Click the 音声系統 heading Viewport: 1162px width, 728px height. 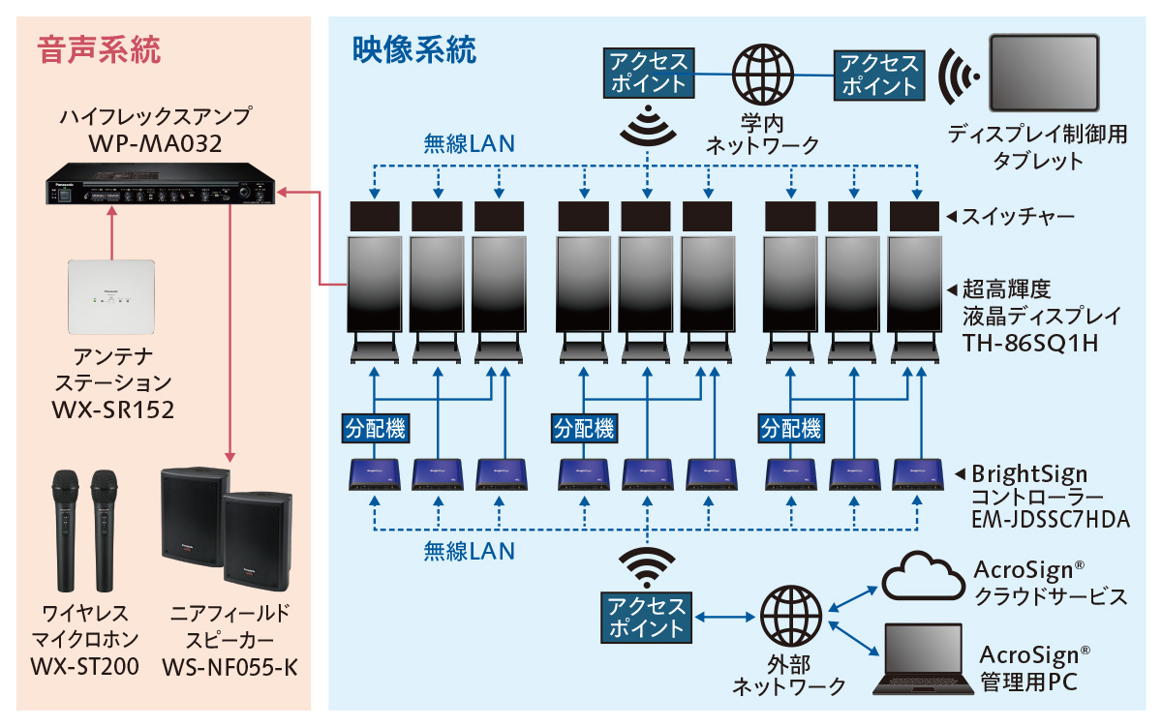pyautogui.click(x=99, y=48)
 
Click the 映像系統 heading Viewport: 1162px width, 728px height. pyautogui.click(x=414, y=48)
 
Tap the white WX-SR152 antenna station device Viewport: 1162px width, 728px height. pyautogui.click(x=113, y=298)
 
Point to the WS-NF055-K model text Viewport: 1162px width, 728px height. pyautogui.click(x=229, y=667)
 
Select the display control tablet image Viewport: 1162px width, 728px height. pyautogui.click(x=1045, y=74)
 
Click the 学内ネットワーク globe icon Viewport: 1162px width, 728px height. pyautogui.click(x=762, y=71)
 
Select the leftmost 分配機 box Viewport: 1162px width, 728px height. pyautogui.click(x=375, y=427)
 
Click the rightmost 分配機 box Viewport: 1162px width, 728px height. pyautogui.click(x=791, y=427)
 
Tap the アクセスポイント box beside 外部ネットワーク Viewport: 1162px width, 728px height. pyautogui.click(x=647, y=618)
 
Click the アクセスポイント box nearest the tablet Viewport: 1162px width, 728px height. pyautogui.click(x=879, y=74)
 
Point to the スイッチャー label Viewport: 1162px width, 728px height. pyautogui.click(x=1017, y=216)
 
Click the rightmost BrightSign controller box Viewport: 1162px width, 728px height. pyautogui.click(x=916, y=473)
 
